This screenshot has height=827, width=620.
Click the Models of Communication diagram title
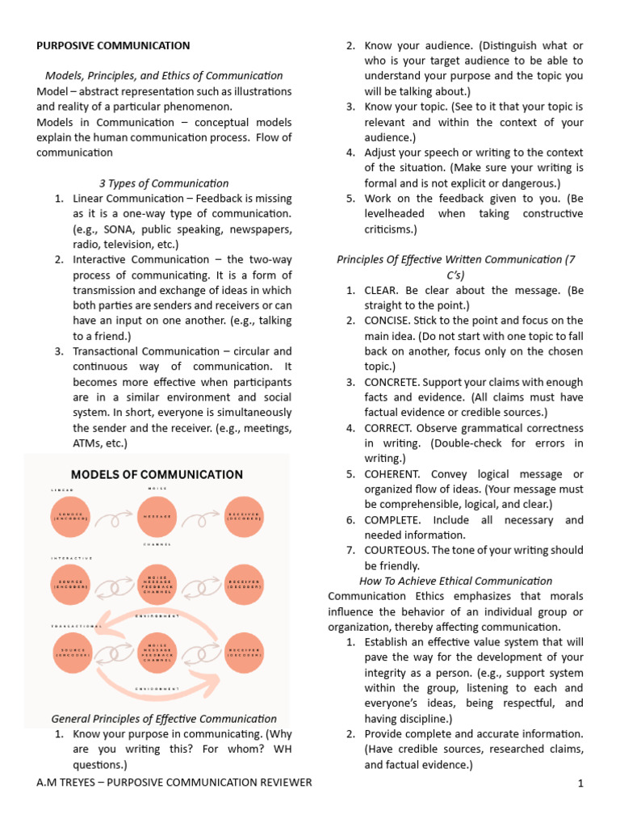(x=157, y=475)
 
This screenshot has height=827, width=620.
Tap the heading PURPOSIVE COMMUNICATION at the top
(x=113, y=46)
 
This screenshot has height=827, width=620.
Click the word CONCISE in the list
(x=390, y=321)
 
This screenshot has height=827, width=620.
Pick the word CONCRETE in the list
(x=392, y=382)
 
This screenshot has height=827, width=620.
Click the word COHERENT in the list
(x=394, y=473)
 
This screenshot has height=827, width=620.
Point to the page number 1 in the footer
(x=580, y=783)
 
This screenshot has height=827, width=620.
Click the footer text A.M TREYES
(x=68, y=783)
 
